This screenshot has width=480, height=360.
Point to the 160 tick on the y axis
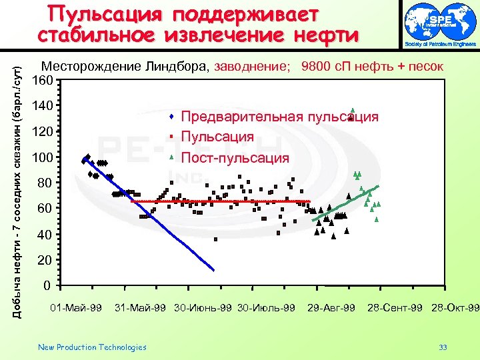[43, 81]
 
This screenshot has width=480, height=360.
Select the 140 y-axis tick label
[43, 106]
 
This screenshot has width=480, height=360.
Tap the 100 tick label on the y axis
[43, 157]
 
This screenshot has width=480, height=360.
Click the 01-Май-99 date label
[77, 307]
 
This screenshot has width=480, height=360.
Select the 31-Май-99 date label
[141, 307]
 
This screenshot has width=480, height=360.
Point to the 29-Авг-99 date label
[331, 307]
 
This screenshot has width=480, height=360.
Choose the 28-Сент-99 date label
[395, 307]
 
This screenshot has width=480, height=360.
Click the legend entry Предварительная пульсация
[279, 117]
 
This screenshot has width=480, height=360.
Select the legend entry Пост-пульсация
[235, 159]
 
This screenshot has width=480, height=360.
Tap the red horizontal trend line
[220, 201]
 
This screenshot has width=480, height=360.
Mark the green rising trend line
[347, 203]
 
